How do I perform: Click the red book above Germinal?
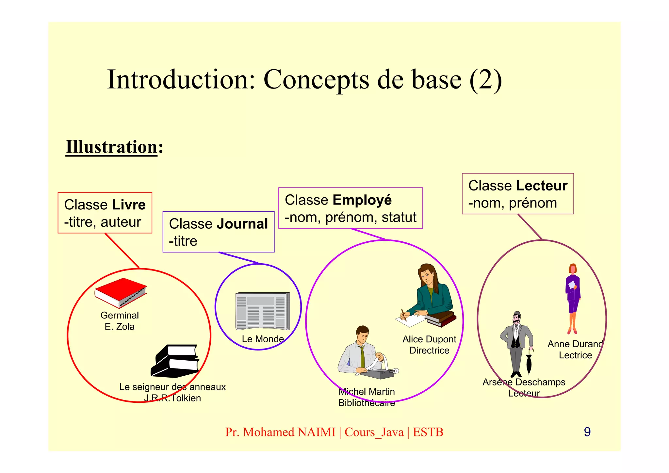tap(120, 292)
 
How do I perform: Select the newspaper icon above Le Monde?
tap(262, 311)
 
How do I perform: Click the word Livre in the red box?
tap(128, 205)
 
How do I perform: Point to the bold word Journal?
tap(242, 224)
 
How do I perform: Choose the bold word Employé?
tap(362, 200)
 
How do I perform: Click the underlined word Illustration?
tap(112, 147)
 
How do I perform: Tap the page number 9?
tap(587, 432)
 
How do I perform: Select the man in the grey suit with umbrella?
tap(516, 343)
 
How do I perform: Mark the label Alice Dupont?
tap(429, 339)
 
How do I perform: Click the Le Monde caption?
tap(263, 339)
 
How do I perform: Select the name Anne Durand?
tap(575, 344)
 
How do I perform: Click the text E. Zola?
tap(120, 327)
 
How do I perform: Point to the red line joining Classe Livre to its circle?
tap(122, 251)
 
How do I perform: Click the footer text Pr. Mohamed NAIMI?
tap(280, 432)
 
